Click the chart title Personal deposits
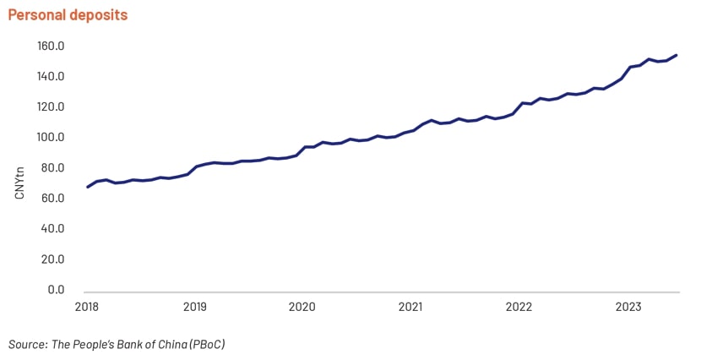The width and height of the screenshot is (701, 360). [68, 15]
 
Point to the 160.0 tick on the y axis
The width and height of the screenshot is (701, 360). [51, 46]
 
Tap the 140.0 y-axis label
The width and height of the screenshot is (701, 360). [51, 76]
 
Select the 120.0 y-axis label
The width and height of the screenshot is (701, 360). [51, 106]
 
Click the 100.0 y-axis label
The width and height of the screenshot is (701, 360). [51, 137]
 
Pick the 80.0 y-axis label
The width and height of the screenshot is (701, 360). [52, 168]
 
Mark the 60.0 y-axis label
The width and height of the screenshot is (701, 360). [52, 198]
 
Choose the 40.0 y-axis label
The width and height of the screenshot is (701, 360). [52, 228]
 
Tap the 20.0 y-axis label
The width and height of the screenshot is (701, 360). [52, 259]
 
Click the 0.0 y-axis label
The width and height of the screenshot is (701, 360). [56, 290]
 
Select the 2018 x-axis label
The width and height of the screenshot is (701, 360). [87, 307]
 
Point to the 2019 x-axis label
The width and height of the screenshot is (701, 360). [195, 307]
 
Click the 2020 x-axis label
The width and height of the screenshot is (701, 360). [302, 307]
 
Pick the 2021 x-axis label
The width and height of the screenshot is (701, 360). [410, 307]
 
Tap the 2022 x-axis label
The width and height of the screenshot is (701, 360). [519, 307]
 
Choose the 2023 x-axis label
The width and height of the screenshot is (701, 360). [628, 307]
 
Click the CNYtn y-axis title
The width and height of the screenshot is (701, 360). [19, 183]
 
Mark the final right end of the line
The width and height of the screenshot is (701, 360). [676, 55]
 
